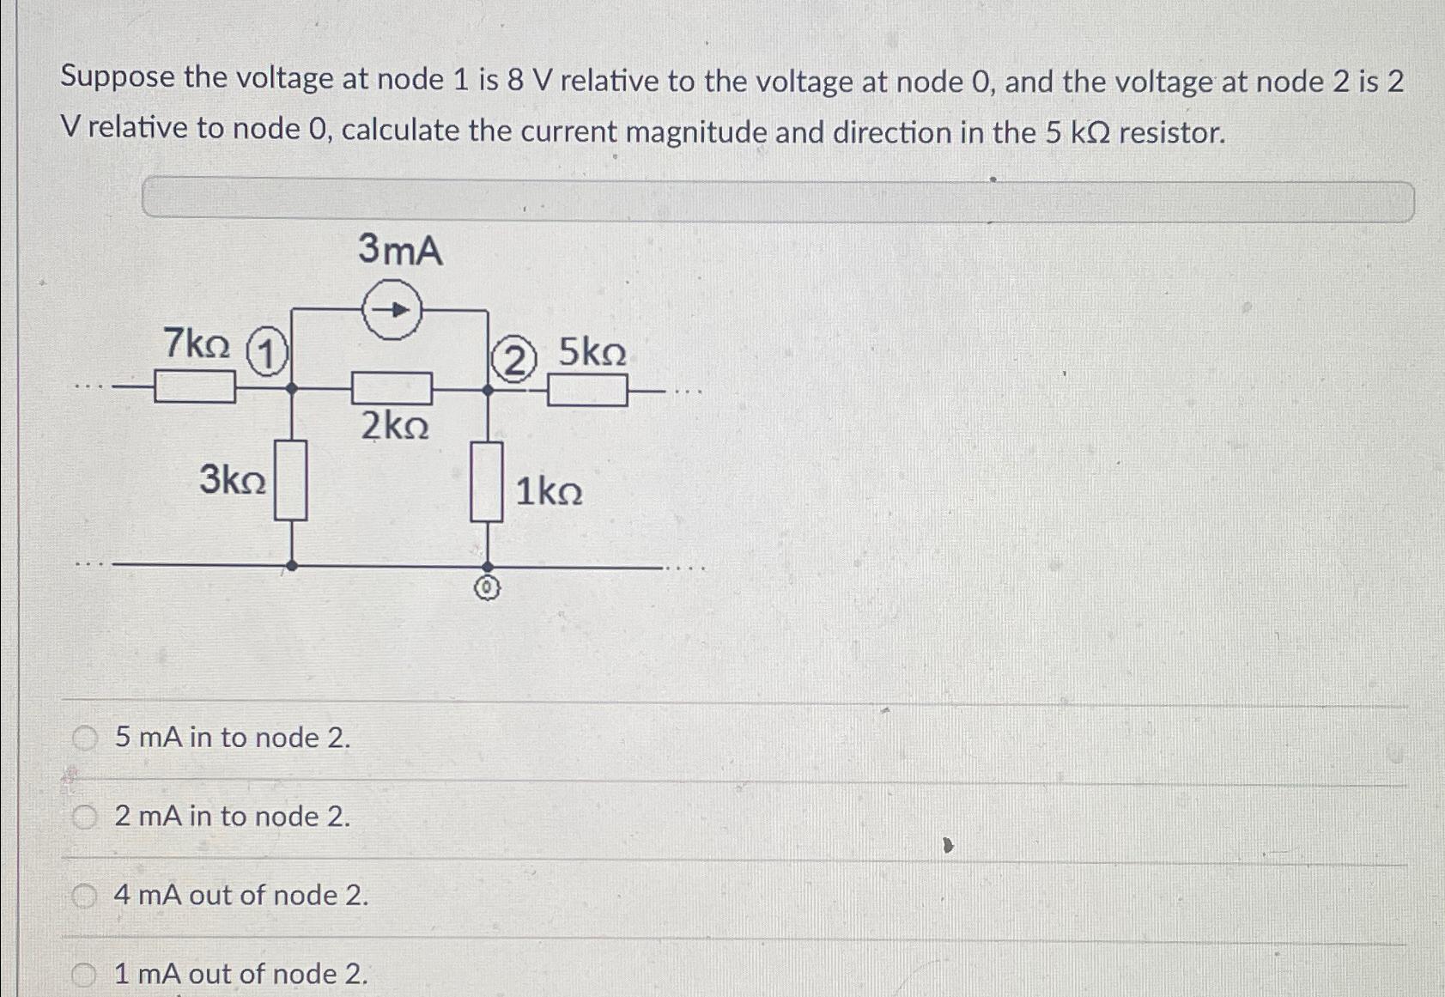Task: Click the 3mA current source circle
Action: coord(392,309)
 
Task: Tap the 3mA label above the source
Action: coord(400,250)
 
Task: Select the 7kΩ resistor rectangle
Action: coord(195,386)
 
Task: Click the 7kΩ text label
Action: coord(197,344)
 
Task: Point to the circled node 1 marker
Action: coord(267,354)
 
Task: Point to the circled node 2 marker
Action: coord(513,360)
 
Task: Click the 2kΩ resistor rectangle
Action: coord(392,389)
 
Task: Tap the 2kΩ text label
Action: coord(394,426)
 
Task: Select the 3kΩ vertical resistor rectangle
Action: coord(291,480)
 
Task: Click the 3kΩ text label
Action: coord(232,479)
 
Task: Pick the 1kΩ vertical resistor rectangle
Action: coord(487,482)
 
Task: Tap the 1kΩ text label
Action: coord(549,493)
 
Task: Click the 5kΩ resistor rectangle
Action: coord(587,392)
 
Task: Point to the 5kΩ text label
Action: coord(592,353)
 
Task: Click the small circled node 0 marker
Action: coord(487,589)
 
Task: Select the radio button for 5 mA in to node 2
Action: coord(84,738)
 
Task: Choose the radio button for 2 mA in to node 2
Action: coord(84,817)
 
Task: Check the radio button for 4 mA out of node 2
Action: coord(84,896)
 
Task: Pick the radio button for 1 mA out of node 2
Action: coord(84,974)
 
